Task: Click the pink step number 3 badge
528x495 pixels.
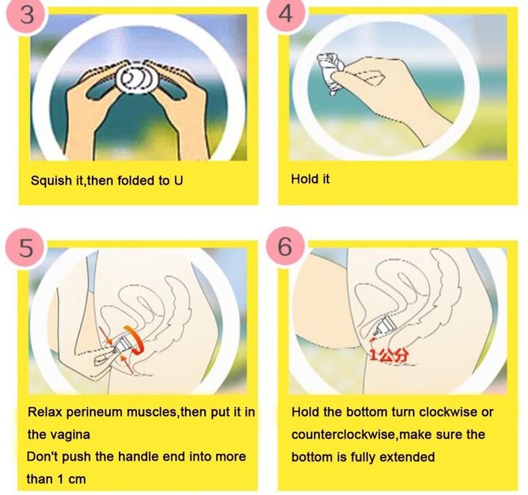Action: (x=26, y=14)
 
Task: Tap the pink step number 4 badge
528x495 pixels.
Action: (x=286, y=13)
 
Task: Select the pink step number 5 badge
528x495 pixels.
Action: (x=25, y=248)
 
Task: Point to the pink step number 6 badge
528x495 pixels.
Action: (x=285, y=247)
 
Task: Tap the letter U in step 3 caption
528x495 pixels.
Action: (x=179, y=180)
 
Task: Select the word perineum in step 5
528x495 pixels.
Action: (x=95, y=413)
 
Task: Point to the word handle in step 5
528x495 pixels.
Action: (x=139, y=457)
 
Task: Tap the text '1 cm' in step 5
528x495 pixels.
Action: (x=71, y=479)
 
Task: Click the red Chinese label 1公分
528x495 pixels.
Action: (x=390, y=354)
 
